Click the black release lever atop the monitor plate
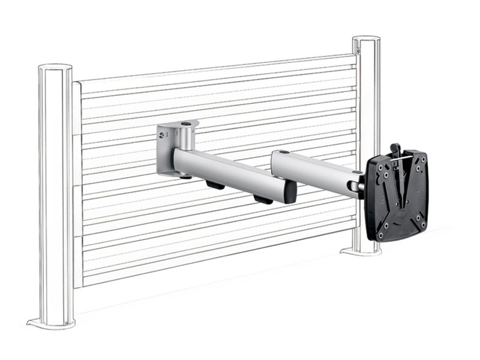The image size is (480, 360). point(394,149)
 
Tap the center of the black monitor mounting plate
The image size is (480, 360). point(398,195)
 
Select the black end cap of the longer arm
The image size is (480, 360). point(290,192)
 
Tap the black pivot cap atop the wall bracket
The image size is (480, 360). point(189,124)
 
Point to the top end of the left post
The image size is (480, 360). point(55,67)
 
